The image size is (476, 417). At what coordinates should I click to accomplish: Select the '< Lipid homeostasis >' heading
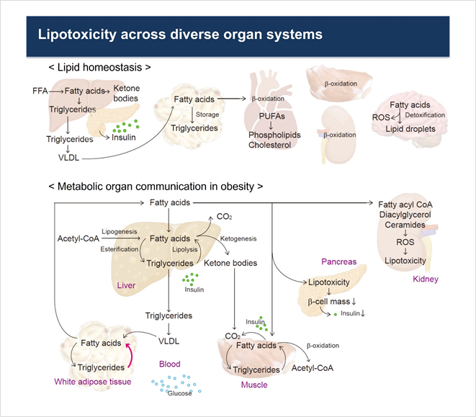pos(100,68)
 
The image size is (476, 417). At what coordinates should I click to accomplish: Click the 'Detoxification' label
pos(426,115)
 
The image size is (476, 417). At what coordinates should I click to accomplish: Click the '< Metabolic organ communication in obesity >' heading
pos(156,187)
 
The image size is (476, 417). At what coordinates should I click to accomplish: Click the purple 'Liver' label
pos(126,285)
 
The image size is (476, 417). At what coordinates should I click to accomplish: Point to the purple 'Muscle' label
pos(253,385)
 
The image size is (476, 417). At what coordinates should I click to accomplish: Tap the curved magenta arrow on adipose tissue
pos(130,353)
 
